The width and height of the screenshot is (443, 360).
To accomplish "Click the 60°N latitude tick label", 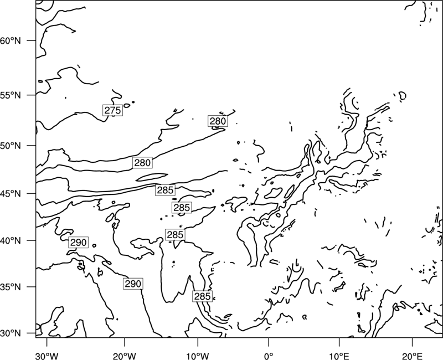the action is pos(11,41).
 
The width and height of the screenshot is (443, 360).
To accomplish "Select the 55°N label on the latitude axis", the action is pos(11,95).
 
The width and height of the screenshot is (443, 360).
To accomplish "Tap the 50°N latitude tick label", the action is pos(11,146).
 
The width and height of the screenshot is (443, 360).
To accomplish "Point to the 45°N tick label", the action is pos(11,194).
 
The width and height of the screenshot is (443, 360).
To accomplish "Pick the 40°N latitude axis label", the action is pos(11,241).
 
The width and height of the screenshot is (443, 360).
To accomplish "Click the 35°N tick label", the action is pos(11,287).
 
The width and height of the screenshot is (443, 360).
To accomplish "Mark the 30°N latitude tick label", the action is pos(11,333).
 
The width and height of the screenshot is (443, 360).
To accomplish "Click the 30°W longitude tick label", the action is pos(47,354).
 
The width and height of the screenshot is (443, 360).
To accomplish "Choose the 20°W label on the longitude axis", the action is pos(124,354).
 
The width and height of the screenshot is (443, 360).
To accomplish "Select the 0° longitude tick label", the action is pos(269,354).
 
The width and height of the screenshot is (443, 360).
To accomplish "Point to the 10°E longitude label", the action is pos(339,354).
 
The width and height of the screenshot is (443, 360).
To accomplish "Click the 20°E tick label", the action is pos(413,354).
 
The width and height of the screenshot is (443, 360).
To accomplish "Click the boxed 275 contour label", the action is pos(112,110).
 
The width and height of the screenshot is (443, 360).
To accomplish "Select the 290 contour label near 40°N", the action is pos(78,243).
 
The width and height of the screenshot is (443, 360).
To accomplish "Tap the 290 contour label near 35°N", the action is pos(133,284).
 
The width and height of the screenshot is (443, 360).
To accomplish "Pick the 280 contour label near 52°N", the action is pos(218,121).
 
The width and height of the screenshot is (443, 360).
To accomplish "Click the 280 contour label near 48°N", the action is pos(142,163).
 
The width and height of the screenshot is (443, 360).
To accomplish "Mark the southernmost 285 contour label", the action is pos(203,296).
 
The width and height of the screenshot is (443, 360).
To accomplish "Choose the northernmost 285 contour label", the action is pos(165,190).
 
